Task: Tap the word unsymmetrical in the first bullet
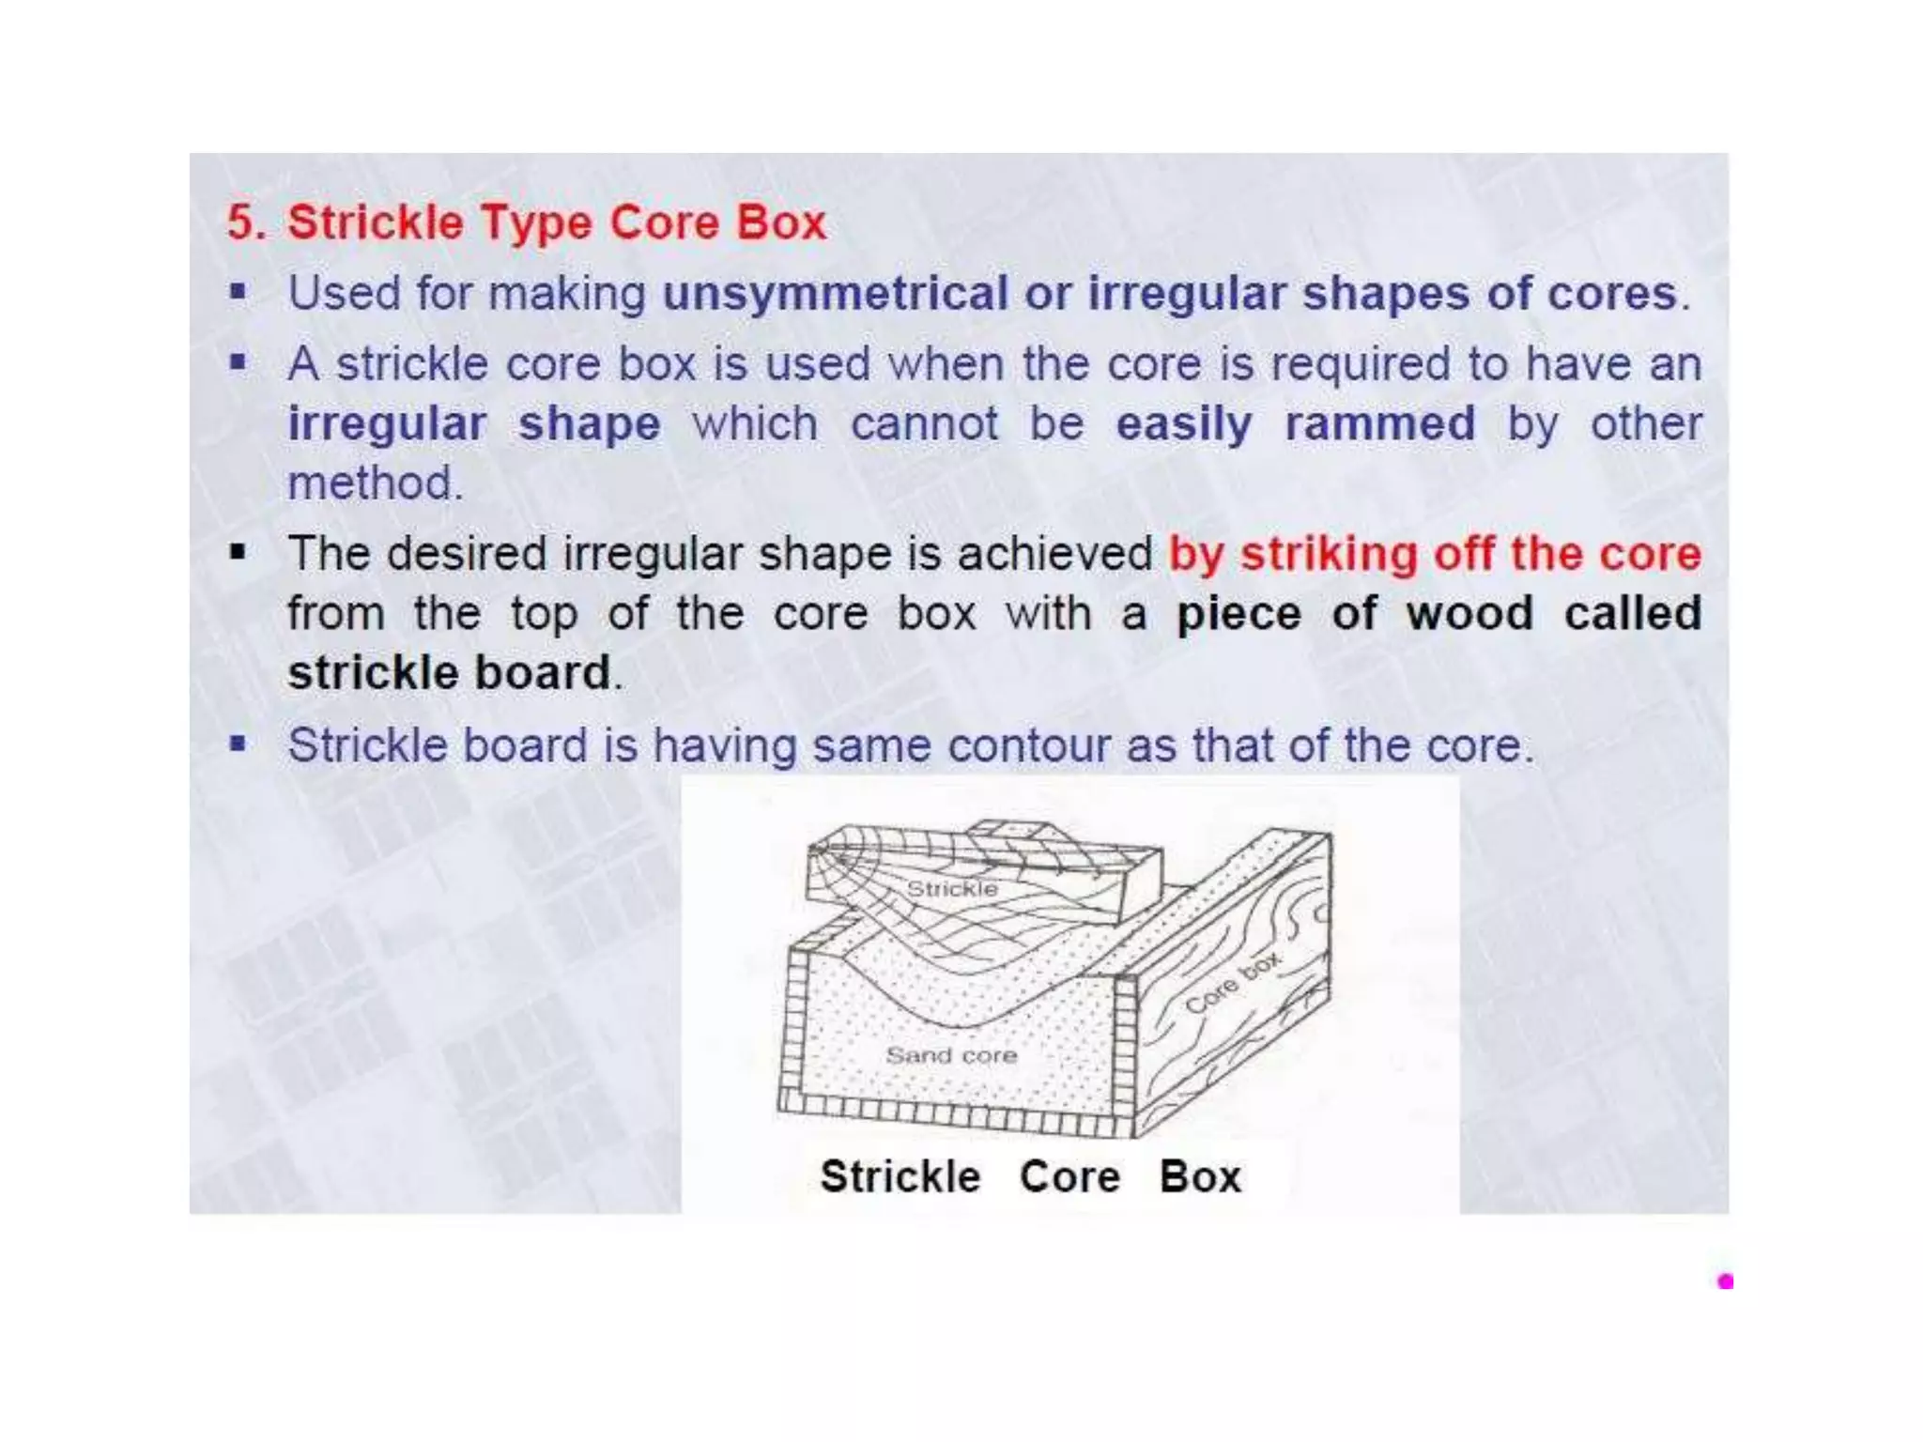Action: coord(835,294)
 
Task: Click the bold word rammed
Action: coord(1379,423)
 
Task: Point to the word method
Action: coord(373,483)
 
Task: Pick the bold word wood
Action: coord(1468,613)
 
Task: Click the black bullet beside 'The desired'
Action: coord(238,552)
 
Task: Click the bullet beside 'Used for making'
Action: coord(238,293)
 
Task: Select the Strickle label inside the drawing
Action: coord(951,888)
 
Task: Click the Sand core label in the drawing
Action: coord(951,1055)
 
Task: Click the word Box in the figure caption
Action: coord(1199,1177)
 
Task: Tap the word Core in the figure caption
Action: coord(1069,1177)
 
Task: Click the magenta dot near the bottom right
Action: coord(1725,1281)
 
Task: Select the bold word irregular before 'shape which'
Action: coord(387,423)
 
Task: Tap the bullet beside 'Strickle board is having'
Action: coord(238,745)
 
